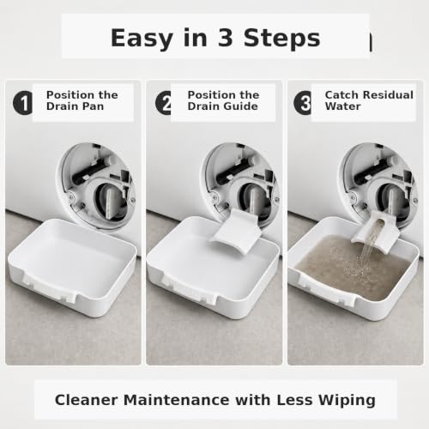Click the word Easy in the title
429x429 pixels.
[x=142, y=39]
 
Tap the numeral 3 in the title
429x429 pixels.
[x=226, y=38]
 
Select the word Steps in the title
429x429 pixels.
[x=281, y=39]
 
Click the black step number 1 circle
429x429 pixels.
[x=23, y=103]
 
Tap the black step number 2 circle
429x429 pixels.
[x=163, y=103]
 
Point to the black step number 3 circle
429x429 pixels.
[x=303, y=103]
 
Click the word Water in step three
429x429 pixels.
[x=342, y=106]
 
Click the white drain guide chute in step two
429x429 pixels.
[x=236, y=232]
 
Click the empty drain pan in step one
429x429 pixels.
[x=71, y=264]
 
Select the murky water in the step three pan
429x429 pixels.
[x=350, y=264]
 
